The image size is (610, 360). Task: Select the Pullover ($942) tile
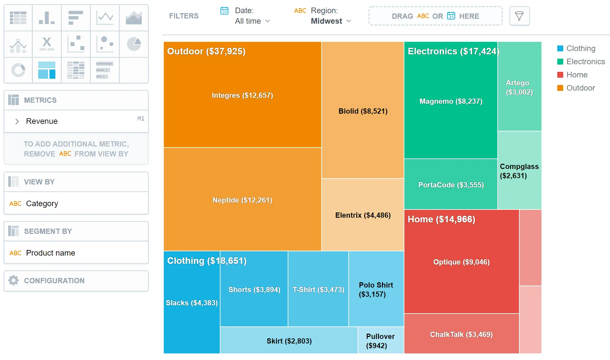click(381, 341)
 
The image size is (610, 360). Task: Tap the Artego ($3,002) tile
click(519, 87)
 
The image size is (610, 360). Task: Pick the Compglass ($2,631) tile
click(519, 171)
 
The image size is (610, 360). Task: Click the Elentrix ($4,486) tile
click(363, 215)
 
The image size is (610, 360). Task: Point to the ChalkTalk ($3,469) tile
click(461, 334)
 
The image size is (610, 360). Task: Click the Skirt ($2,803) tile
click(289, 341)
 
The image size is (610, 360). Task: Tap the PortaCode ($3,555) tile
click(450, 185)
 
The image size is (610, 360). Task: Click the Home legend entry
click(577, 75)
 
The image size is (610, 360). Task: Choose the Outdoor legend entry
click(580, 88)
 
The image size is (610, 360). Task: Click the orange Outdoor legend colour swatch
click(560, 88)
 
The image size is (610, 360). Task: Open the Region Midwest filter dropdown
click(331, 21)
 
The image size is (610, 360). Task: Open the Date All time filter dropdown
click(252, 21)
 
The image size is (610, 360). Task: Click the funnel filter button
click(519, 16)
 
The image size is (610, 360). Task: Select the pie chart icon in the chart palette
click(134, 44)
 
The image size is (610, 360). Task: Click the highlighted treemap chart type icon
click(47, 70)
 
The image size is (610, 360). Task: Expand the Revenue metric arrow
click(17, 121)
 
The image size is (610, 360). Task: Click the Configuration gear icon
click(14, 280)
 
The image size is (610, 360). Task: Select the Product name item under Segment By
click(50, 253)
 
